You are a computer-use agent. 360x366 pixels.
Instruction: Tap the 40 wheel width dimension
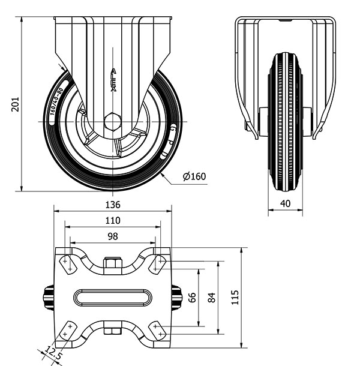[286, 203]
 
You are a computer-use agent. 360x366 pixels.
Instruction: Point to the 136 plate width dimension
[113, 205]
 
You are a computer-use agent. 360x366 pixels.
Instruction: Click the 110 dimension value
[113, 220]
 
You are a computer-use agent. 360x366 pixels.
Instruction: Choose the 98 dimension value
[113, 236]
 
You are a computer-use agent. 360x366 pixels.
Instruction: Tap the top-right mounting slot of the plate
[159, 262]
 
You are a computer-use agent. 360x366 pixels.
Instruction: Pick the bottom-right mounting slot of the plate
[159, 331]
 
